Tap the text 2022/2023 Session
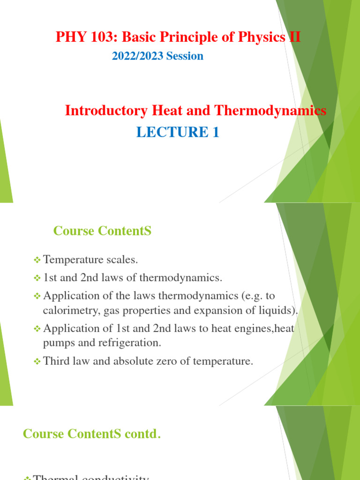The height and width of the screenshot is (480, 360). [x=157, y=56]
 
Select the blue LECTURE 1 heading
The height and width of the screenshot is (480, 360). [x=178, y=133]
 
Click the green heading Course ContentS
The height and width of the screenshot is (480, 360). [x=102, y=231]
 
